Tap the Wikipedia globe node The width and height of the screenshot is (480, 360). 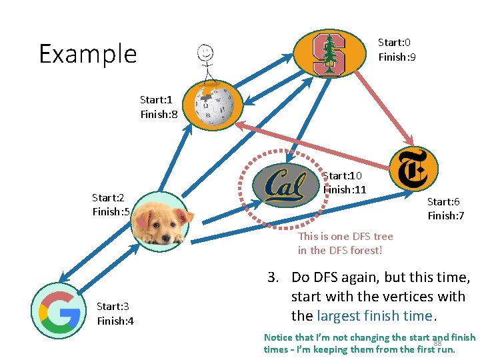coord(214,105)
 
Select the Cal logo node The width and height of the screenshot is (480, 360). coord(285,185)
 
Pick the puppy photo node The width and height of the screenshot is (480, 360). coord(157,221)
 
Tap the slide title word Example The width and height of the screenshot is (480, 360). coord(87,53)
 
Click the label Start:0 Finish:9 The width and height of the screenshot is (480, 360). coord(397,49)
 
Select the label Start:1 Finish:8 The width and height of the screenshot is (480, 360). coord(159,107)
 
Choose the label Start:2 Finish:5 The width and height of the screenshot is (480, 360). coord(111,205)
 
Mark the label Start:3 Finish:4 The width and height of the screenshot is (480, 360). coord(115,313)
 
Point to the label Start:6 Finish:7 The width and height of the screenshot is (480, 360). coord(446,208)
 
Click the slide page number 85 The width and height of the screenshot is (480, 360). coord(438,343)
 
